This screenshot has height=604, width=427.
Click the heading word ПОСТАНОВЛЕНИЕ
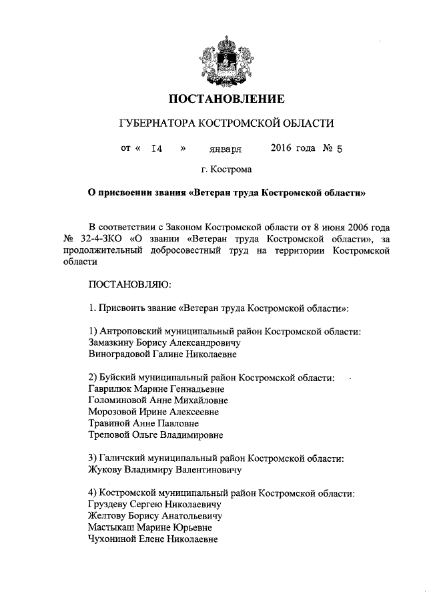coord(226,99)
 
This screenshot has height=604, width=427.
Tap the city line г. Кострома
coord(226,170)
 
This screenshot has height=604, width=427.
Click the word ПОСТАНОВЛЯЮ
coord(129,285)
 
